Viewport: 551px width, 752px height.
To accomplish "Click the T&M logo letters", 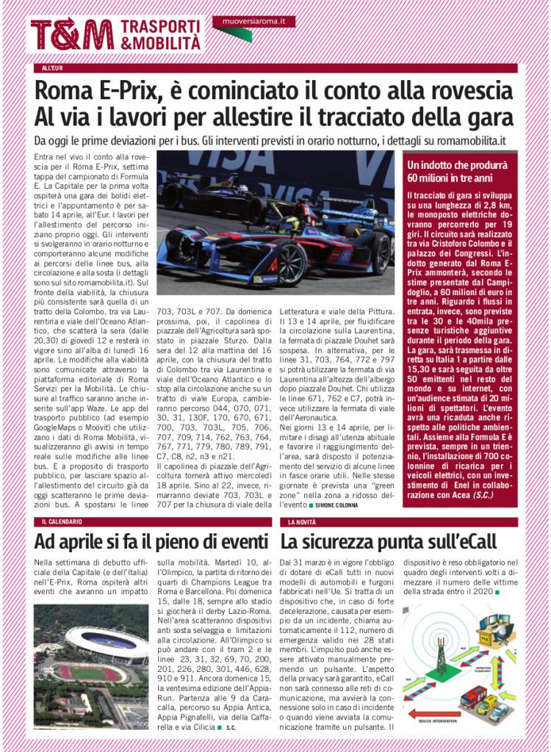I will pos(72,34).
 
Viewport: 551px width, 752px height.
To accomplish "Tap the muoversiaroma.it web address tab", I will pos(253,22).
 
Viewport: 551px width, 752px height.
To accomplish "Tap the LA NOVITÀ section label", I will pos(303,521).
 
